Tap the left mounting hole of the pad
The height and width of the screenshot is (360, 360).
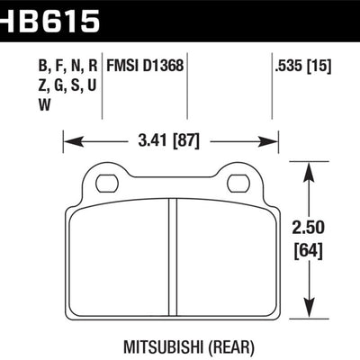[x=106, y=184]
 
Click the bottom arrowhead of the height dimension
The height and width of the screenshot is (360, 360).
[x=311, y=314]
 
